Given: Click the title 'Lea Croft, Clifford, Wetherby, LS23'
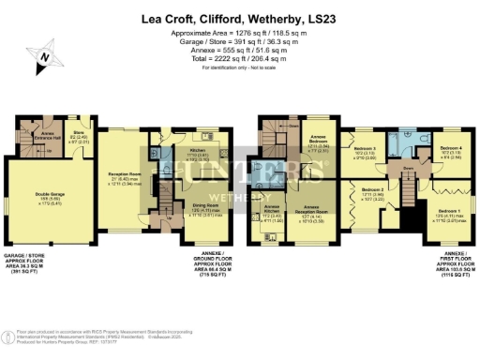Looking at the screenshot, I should (240, 17).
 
